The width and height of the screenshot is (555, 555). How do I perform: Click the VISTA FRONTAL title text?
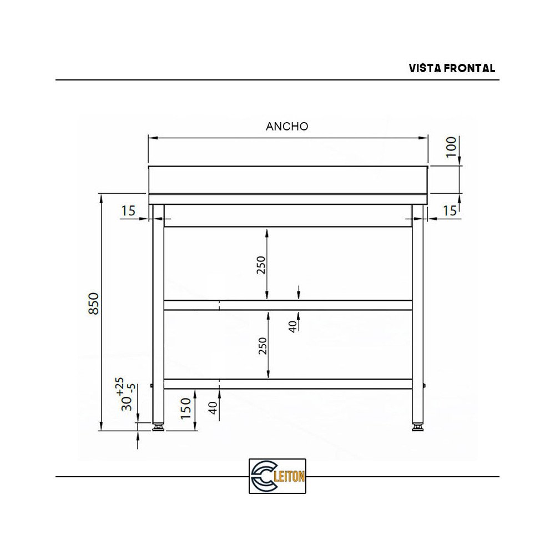click(x=452, y=68)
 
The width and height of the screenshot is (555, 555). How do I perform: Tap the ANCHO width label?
click(x=287, y=127)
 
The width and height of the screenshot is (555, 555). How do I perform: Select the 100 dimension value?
click(x=451, y=147)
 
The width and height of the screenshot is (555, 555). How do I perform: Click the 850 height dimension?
click(x=94, y=304)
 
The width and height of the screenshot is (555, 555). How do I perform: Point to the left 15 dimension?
click(x=128, y=211)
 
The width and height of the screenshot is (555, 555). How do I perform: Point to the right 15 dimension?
click(x=450, y=211)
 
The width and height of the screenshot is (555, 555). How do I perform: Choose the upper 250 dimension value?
click(x=262, y=265)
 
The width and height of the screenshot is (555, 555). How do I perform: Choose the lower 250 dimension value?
click(x=263, y=345)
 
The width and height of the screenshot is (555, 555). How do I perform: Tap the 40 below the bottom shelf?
click(x=213, y=408)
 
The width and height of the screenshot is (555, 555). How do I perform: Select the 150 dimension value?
click(x=186, y=408)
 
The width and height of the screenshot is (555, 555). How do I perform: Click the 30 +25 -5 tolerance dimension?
click(x=123, y=395)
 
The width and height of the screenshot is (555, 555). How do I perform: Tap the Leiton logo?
click(x=277, y=476)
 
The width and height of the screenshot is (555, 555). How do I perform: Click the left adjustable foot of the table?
click(x=158, y=427)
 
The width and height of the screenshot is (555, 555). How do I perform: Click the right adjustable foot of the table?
click(x=417, y=427)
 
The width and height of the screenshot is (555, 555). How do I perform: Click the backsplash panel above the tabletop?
click(x=287, y=180)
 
